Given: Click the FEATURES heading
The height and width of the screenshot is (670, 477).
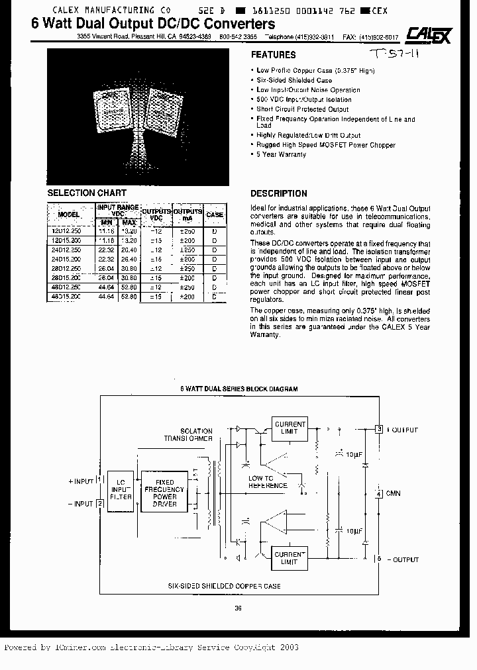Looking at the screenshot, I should click(273, 55).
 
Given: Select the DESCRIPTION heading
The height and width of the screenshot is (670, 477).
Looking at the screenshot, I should click(278, 194).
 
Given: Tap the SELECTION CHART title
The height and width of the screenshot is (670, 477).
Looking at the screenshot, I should click(87, 193).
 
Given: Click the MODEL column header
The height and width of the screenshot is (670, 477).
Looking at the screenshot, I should click(69, 215).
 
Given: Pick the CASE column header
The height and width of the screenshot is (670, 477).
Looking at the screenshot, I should click(215, 215).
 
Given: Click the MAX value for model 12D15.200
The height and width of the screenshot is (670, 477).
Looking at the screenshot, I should click(129, 240).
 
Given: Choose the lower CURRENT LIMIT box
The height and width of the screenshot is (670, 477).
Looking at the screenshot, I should click(290, 557).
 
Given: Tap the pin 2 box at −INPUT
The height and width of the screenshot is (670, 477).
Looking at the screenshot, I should click(100, 504).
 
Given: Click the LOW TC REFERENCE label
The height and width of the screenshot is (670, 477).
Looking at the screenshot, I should click(268, 482).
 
